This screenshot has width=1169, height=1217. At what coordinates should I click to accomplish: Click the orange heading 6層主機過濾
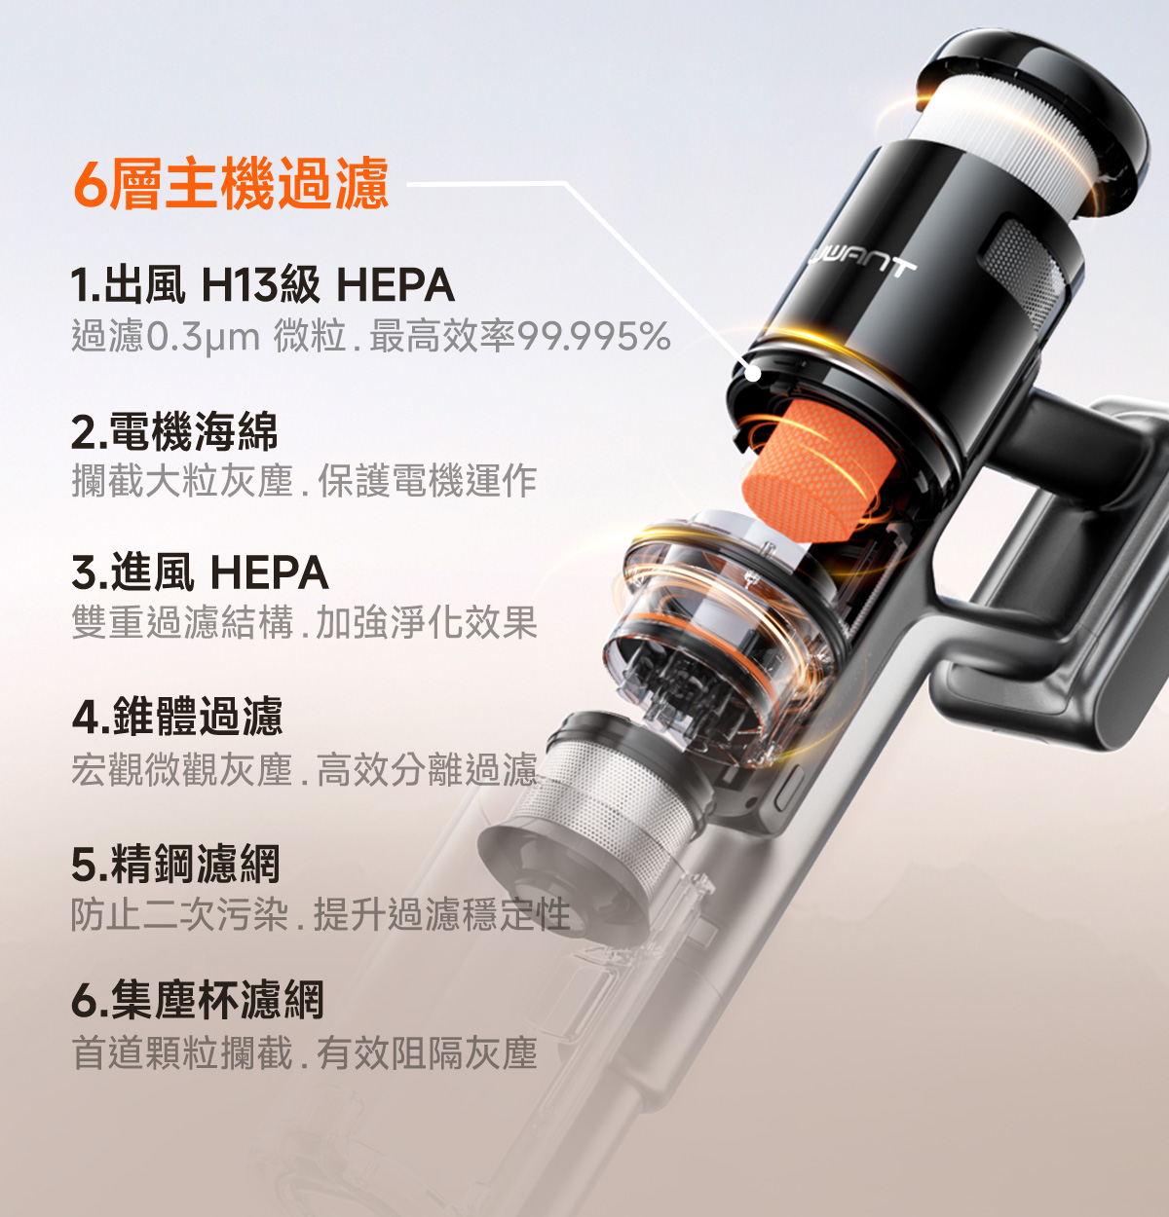pyautogui.click(x=231, y=183)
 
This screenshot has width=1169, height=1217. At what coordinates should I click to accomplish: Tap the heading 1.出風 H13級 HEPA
pyautogui.click(x=262, y=284)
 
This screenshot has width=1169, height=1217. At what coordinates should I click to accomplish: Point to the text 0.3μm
pyautogui.click(x=202, y=337)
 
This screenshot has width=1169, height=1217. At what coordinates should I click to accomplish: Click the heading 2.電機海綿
pyautogui.click(x=174, y=431)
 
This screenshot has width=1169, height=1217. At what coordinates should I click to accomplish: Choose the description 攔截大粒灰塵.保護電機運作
pyautogui.click(x=304, y=481)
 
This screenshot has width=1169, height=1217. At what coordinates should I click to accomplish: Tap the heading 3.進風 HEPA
pyautogui.click(x=200, y=572)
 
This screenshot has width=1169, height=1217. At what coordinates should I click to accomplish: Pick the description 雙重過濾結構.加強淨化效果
pyautogui.click(x=304, y=622)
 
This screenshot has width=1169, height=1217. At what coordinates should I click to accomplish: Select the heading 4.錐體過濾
pyautogui.click(x=177, y=716)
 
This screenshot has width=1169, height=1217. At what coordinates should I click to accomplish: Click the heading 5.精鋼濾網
pyautogui.click(x=176, y=864)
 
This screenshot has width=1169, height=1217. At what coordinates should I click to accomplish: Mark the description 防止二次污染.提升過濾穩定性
pyautogui.click(x=321, y=913)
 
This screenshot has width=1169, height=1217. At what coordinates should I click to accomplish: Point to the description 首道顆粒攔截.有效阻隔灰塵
pyautogui.click(x=304, y=1053)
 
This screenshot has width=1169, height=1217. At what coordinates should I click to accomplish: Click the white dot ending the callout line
pyautogui.click(x=753, y=374)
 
